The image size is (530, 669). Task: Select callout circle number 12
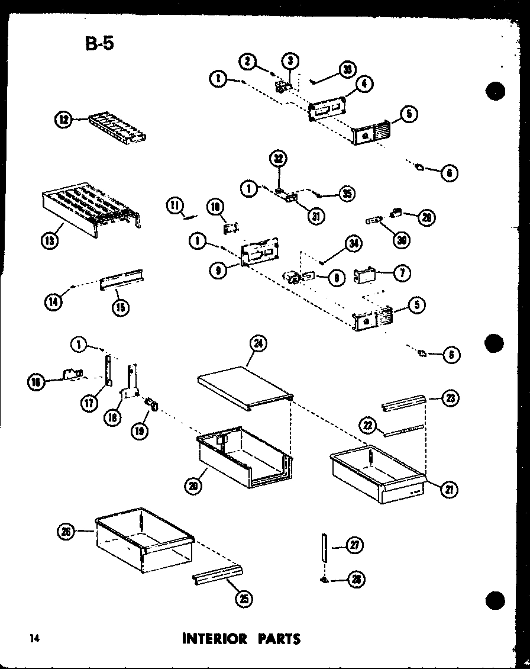(x=63, y=120)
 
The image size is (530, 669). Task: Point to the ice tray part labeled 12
(x=117, y=128)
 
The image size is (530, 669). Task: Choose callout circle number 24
(x=258, y=343)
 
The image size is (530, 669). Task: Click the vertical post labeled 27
(x=324, y=551)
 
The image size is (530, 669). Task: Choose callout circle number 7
(x=402, y=273)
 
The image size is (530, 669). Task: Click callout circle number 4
(x=365, y=85)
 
